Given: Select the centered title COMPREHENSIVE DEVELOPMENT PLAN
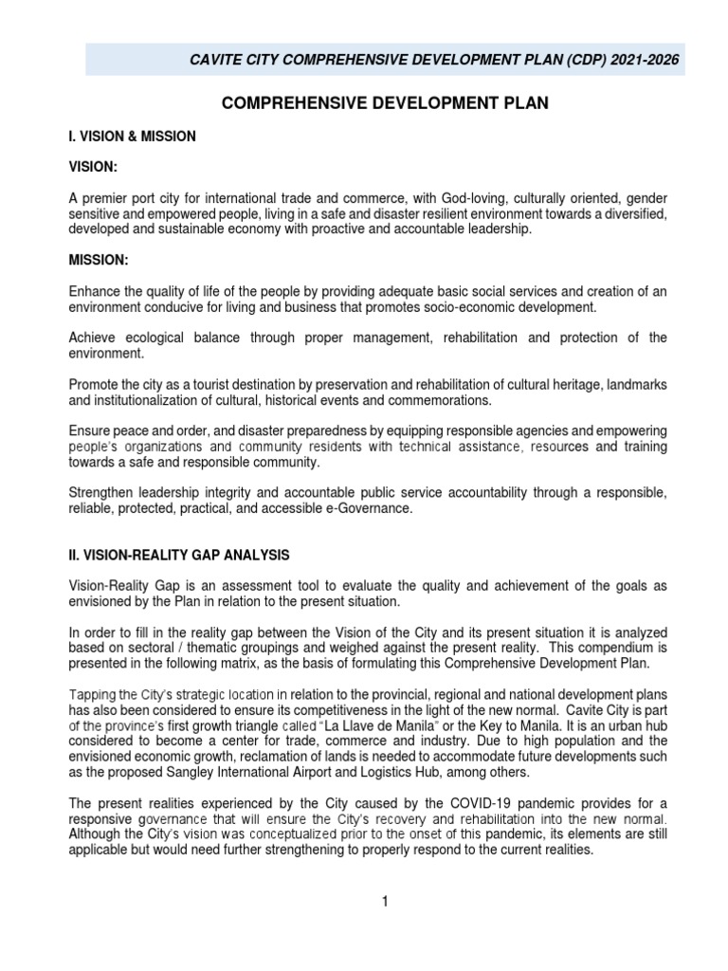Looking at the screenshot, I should pyautogui.click(x=385, y=103).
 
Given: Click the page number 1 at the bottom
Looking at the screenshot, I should pyautogui.click(x=385, y=902).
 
